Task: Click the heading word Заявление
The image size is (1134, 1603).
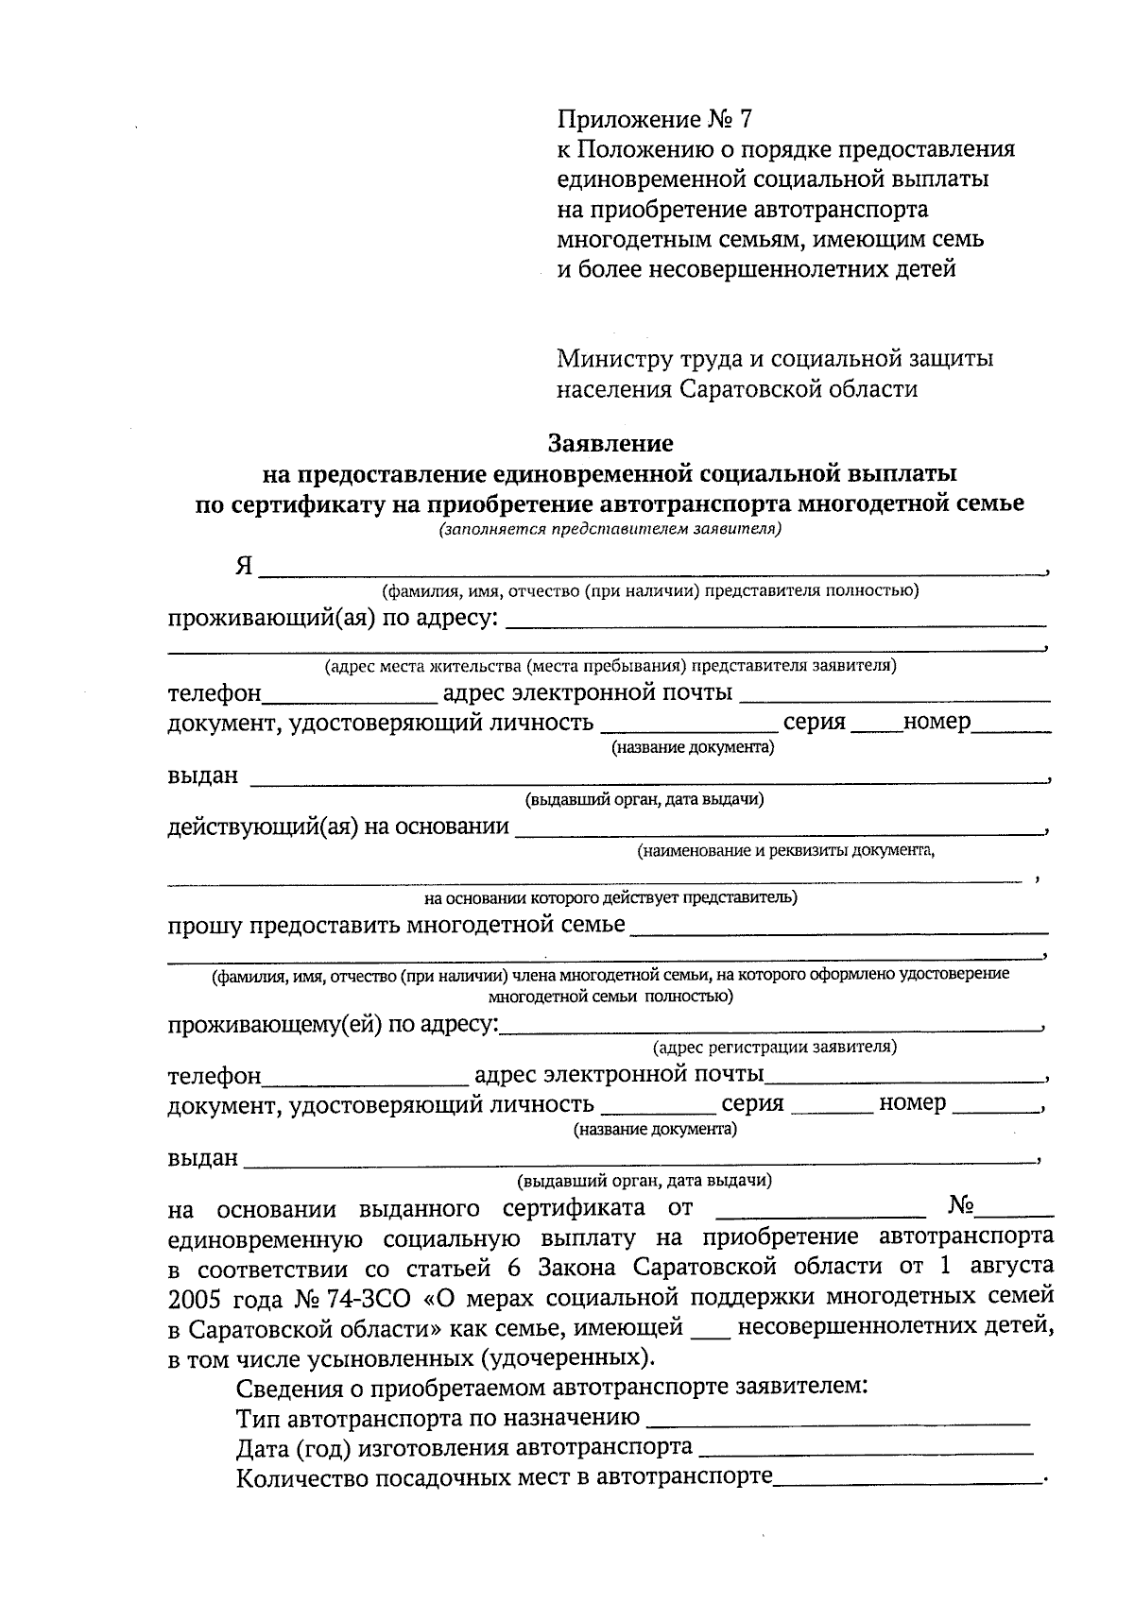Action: click(x=610, y=442)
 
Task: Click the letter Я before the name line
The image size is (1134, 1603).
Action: click(x=244, y=566)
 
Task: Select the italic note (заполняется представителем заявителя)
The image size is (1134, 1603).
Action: click(x=610, y=529)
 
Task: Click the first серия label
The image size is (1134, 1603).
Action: click(x=814, y=723)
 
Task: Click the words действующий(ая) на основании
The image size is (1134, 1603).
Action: click(x=338, y=827)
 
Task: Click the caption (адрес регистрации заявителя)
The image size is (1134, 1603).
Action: click(x=774, y=1047)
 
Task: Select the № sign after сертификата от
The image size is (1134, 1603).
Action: click(x=961, y=1206)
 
